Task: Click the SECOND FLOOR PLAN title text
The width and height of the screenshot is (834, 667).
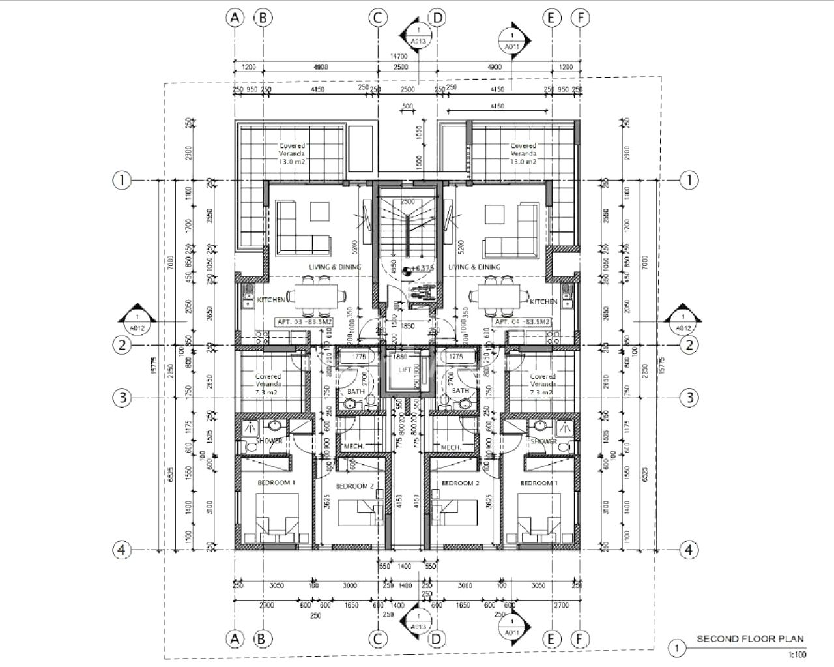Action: pos(750,639)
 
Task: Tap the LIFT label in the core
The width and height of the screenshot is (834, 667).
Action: pos(405,370)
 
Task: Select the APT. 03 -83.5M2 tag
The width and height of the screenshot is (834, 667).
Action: pos(305,322)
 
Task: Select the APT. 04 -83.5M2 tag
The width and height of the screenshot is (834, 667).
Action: pos(523,322)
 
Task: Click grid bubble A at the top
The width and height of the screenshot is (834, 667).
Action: pos(235,18)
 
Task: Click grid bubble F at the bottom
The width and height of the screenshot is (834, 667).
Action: pos(580,639)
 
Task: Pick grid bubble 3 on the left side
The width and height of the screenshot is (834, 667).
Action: pos(122,397)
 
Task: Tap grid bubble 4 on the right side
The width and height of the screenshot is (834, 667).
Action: pos(689,550)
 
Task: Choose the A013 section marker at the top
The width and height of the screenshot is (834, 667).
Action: pos(419,35)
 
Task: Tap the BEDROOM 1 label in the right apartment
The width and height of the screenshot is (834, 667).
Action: pos(539,483)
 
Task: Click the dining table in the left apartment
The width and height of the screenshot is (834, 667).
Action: pos(315,295)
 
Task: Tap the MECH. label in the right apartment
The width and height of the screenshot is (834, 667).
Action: pos(451,447)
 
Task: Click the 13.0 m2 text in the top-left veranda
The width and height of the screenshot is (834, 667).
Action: pos(292,162)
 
